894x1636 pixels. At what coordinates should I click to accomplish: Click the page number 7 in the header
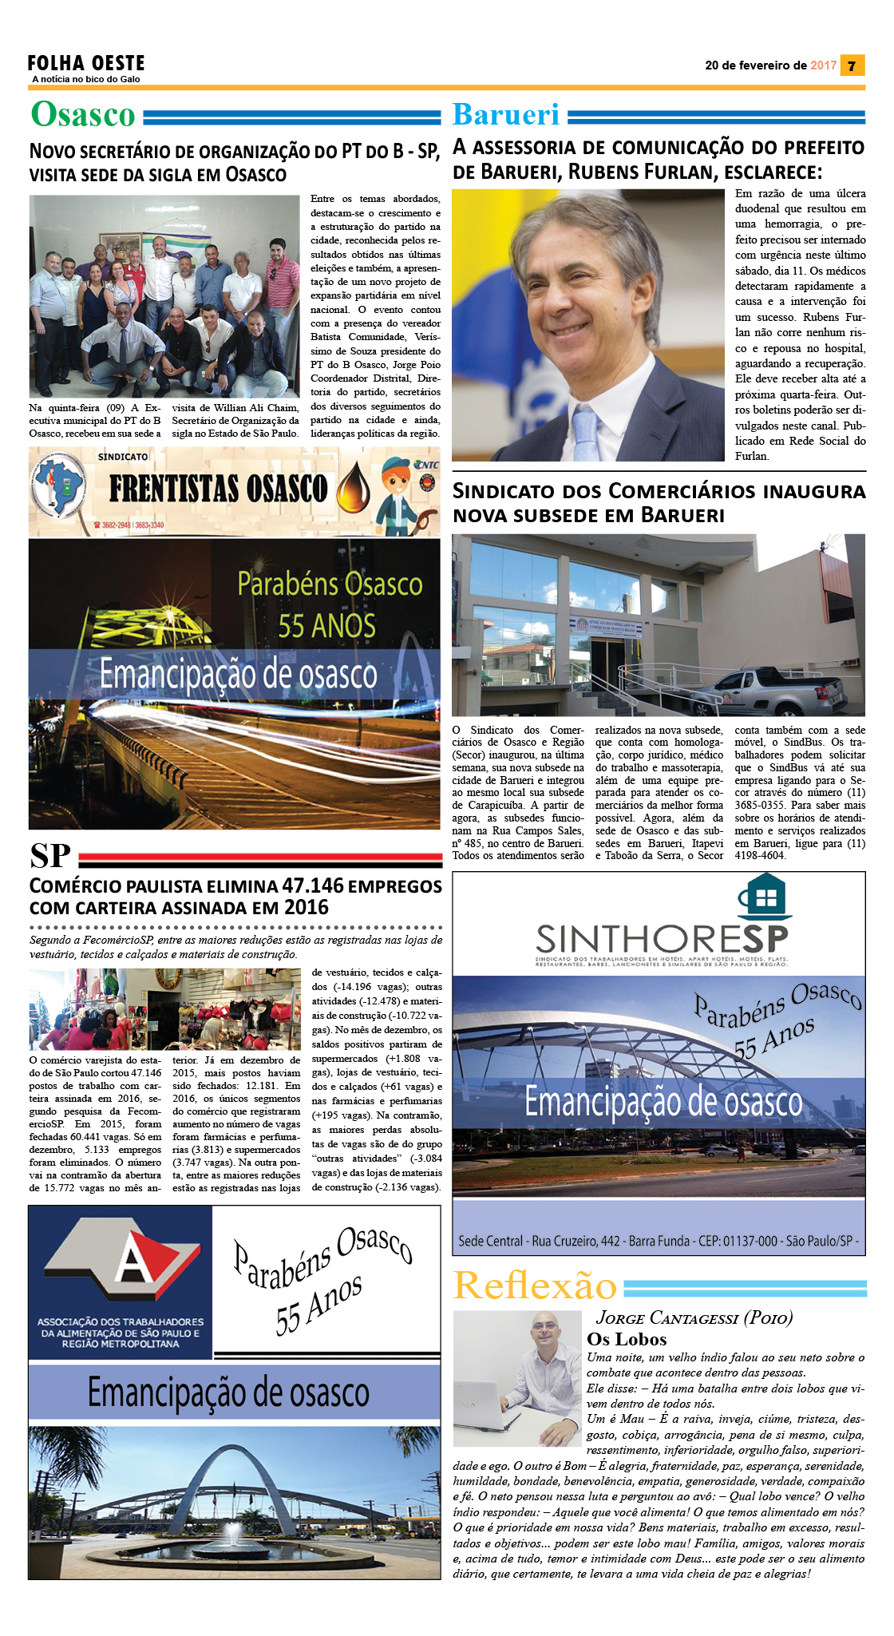tap(852, 65)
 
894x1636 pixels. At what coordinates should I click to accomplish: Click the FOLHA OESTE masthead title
tap(86, 63)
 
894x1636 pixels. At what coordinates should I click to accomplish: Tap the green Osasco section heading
tap(83, 115)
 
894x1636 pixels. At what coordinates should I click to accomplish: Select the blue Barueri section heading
tap(506, 115)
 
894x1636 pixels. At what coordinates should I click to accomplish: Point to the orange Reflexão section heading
tap(535, 1286)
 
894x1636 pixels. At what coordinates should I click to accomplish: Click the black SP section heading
tap(50, 856)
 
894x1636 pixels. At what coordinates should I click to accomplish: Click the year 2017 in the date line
tap(823, 65)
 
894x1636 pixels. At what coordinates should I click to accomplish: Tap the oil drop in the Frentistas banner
tap(353, 488)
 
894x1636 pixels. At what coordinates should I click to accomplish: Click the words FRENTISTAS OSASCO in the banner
tap(218, 488)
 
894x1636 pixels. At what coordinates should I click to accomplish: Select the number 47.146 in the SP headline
tap(312, 885)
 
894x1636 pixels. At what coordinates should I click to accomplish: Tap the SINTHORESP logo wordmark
tap(662, 937)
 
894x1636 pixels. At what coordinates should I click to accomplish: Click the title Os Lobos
tap(627, 1339)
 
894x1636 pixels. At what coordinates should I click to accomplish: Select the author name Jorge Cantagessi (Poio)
tap(694, 1317)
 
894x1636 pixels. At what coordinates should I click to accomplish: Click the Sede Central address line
tap(659, 1241)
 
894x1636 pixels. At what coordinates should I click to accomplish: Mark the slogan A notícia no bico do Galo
tap(86, 79)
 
